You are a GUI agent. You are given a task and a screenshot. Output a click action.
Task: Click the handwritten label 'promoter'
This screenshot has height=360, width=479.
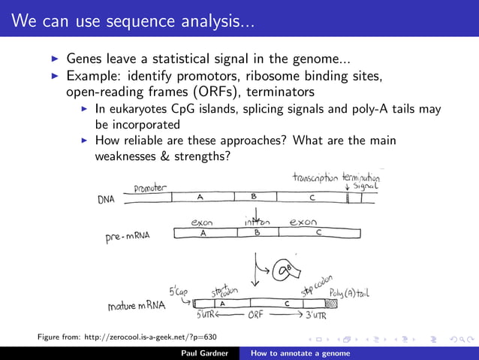151,187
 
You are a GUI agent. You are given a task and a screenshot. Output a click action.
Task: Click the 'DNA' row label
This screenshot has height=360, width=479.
107,200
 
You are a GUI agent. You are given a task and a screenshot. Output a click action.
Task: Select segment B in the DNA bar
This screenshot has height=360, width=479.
254,197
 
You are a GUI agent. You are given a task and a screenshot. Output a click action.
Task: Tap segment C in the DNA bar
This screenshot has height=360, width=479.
312,197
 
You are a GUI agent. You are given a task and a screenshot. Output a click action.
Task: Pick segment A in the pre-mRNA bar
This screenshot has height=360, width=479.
203,233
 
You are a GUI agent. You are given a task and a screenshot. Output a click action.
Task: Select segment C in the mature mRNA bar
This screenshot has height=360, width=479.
287,303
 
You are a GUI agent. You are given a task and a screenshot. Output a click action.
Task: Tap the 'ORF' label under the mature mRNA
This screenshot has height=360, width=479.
257,316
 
